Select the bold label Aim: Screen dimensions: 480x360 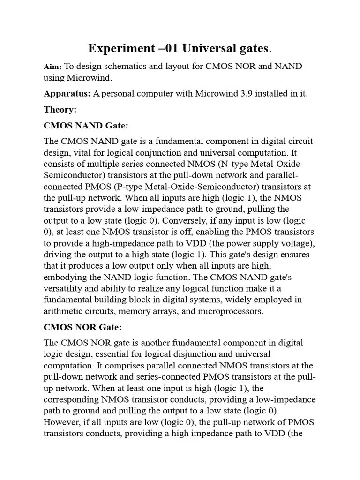52,67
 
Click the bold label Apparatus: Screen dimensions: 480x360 67,93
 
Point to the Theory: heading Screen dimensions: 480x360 60,110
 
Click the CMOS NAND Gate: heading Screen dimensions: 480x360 86,126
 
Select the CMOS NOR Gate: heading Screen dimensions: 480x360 83,327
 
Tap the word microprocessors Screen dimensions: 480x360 223,310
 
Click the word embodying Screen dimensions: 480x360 65,277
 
